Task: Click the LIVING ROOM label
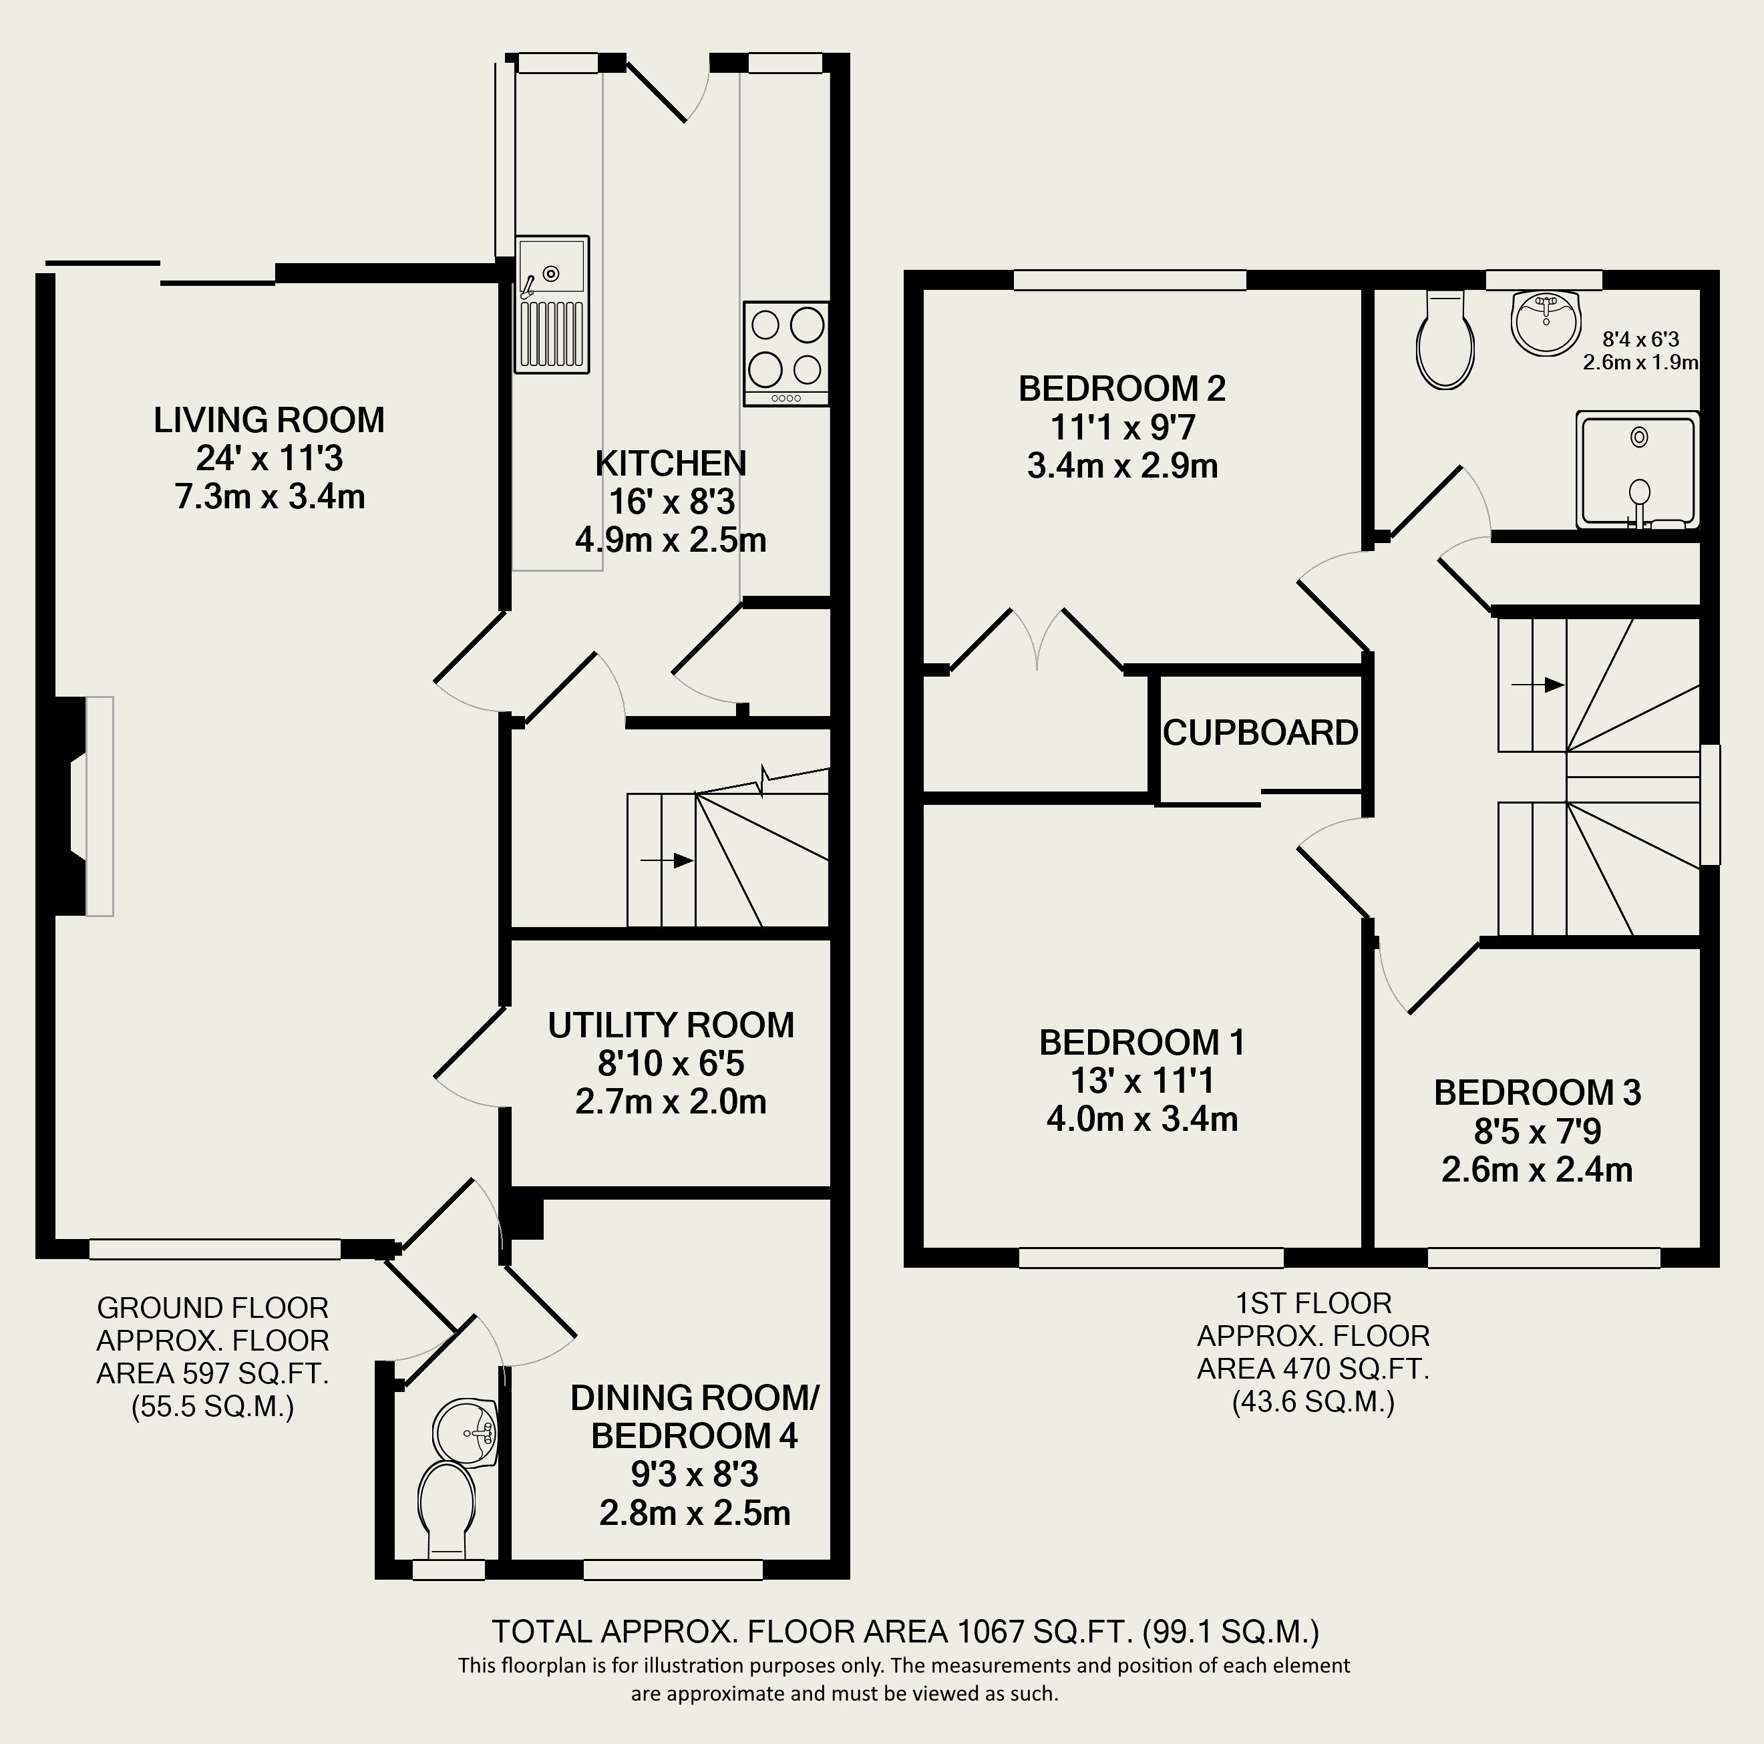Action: [x=269, y=420]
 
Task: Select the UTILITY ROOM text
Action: [x=670, y=1025]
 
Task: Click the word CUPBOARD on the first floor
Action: [x=1260, y=733]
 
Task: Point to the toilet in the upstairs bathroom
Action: [x=1445, y=344]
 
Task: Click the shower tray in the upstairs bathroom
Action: [x=1638, y=470]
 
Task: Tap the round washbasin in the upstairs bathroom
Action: [x=1545, y=321]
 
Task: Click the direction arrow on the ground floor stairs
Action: [x=667, y=860]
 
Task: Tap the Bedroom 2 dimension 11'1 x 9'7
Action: [x=1121, y=427]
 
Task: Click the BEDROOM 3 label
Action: [x=1538, y=1093]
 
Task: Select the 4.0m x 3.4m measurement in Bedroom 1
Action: [x=1141, y=1119]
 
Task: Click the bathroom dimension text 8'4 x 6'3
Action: [x=1640, y=340]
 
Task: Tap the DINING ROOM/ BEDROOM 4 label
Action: [x=694, y=1416]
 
